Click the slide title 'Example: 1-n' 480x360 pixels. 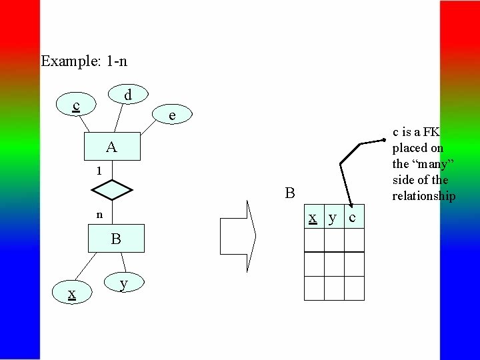pos(84,61)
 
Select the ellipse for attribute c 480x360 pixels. pos(77,106)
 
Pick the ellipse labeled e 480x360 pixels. pos(172,115)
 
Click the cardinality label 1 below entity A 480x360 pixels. pos(99,171)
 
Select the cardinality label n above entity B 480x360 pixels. pos(99,215)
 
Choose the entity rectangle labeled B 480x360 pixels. pos(116,239)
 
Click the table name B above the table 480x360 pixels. pos(289,194)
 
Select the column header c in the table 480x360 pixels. pos(353,218)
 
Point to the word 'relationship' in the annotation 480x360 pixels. pos(423,196)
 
